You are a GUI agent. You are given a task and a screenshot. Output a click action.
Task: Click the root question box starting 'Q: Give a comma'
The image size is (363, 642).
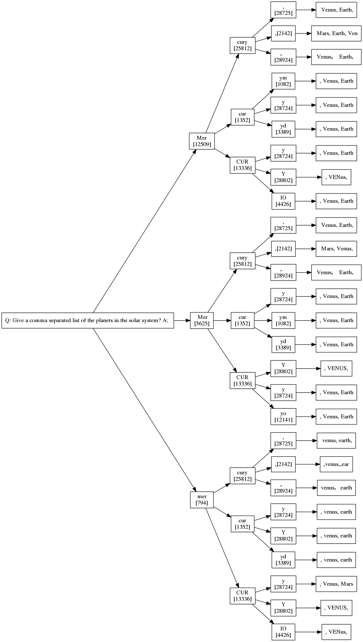click(88, 320)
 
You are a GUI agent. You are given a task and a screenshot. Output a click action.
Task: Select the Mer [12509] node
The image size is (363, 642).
click(202, 141)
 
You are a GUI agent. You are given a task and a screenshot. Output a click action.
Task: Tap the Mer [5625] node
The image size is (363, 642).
click(202, 320)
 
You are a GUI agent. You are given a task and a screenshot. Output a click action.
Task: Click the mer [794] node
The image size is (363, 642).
click(202, 499)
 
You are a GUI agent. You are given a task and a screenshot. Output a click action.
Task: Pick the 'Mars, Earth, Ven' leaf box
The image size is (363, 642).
click(336, 33)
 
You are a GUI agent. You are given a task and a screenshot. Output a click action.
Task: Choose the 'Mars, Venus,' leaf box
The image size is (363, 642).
click(336, 248)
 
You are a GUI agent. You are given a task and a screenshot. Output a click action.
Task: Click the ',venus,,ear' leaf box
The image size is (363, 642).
click(336, 464)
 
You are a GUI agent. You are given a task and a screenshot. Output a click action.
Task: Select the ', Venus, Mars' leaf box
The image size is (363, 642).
click(336, 584)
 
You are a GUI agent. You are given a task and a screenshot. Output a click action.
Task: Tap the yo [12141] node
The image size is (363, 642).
click(283, 416)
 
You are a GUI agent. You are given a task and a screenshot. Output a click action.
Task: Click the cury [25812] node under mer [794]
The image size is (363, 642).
click(242, 476)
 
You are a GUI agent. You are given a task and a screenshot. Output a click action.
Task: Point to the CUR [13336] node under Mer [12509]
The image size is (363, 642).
click(242, 165)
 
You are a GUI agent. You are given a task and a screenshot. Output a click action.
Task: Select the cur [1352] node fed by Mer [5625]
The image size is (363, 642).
click(242, 320)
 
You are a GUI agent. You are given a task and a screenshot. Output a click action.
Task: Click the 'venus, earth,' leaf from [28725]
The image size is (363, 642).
click(336, 440)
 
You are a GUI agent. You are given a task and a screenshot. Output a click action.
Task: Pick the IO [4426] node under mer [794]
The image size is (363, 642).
click(283, 632)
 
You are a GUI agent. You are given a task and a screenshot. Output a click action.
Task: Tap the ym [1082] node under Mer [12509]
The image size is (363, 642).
click(283, 81)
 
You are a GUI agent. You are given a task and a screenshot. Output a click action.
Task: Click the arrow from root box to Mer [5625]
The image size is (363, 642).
click(182, 320)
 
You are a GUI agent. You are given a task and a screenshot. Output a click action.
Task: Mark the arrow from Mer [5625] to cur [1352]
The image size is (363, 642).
click(222, 320)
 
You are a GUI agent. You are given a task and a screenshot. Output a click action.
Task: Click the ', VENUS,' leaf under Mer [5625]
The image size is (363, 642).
click(336, 368)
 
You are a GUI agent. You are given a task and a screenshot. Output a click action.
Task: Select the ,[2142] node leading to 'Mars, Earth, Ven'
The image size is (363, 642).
click(283, 33)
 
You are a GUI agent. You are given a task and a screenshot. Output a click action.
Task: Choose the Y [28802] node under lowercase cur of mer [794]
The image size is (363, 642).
click(283, 535)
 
